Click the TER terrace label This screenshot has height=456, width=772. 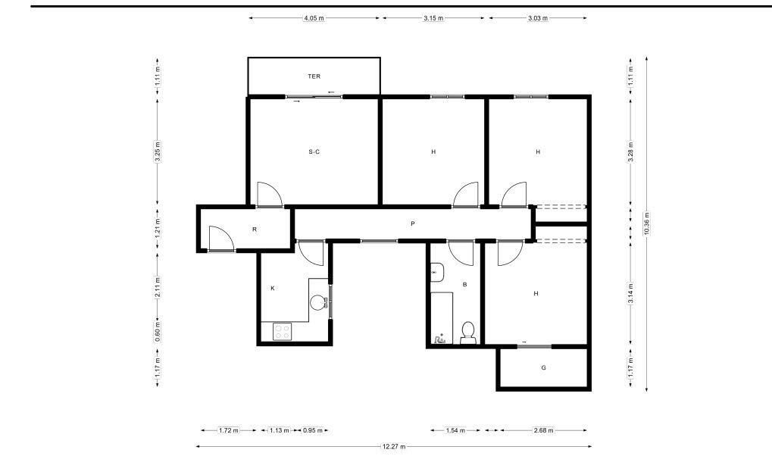pyautogui.click(x=314, y=77)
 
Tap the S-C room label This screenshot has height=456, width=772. pyautogui.click(x=314, y=151)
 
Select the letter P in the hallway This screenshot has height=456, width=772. pyautogui.click(x=413, y=223)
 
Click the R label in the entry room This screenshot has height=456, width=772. pyautogui.click(x=255, y=230)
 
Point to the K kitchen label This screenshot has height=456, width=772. pyautogui.click(x=273, y=288)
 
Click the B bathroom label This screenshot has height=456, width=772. pyautogui.click(x=464, y=285)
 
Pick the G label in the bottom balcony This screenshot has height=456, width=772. pyautogui.click(x=543, y=367)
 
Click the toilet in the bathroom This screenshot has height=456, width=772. pyautogui.click(x=467, y=333)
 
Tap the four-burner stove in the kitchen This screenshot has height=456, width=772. pyautogui.click(x=282, y=331)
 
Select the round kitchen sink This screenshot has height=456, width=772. pyautogui.click(x=319, y=302)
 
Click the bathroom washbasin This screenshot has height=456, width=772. pyautogui.click(x=437, y=273)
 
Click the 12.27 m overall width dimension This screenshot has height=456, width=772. pyautogui.click(x=394, y=447)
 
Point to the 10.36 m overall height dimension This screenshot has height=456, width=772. pyautogui.click(x=646, y=224)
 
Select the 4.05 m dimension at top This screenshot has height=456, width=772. pyautogui.click(x=314, y=18)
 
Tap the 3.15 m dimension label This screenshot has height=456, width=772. pyautogui.click(x=433, y=18)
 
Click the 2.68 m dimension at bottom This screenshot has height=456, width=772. pyautogui.click(x=543, y=430)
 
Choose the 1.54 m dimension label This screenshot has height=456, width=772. pyautogui.click(x=455, y=430)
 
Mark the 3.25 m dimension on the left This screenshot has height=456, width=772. pyautogui.click(x=158, y=151)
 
